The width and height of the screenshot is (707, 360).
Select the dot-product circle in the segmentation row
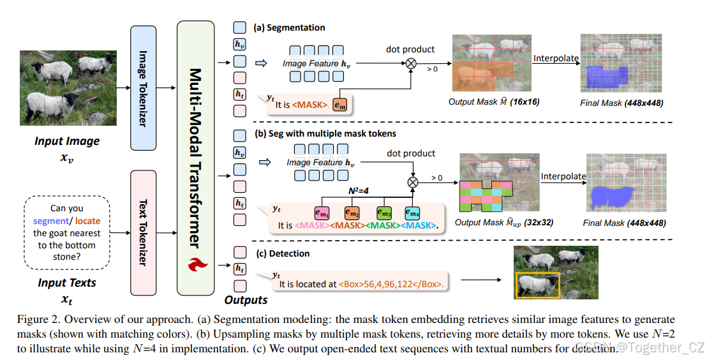click(x=411, y=63)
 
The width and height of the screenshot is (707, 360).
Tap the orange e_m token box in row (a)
click(x=341, y=104)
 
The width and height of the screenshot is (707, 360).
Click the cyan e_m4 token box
click(x=412, y=212)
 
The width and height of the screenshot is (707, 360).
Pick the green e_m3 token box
click(x=383, y=212)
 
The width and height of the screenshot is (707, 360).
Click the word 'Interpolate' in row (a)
click(x=556, y=58)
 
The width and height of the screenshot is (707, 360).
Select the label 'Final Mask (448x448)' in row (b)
click(x=625, y=223)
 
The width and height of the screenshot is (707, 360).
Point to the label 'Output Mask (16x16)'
click(x=495, y=101)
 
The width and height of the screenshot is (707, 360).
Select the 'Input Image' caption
click(x=67, y=141)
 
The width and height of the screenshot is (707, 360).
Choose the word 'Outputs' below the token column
click(x=246, y=299)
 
